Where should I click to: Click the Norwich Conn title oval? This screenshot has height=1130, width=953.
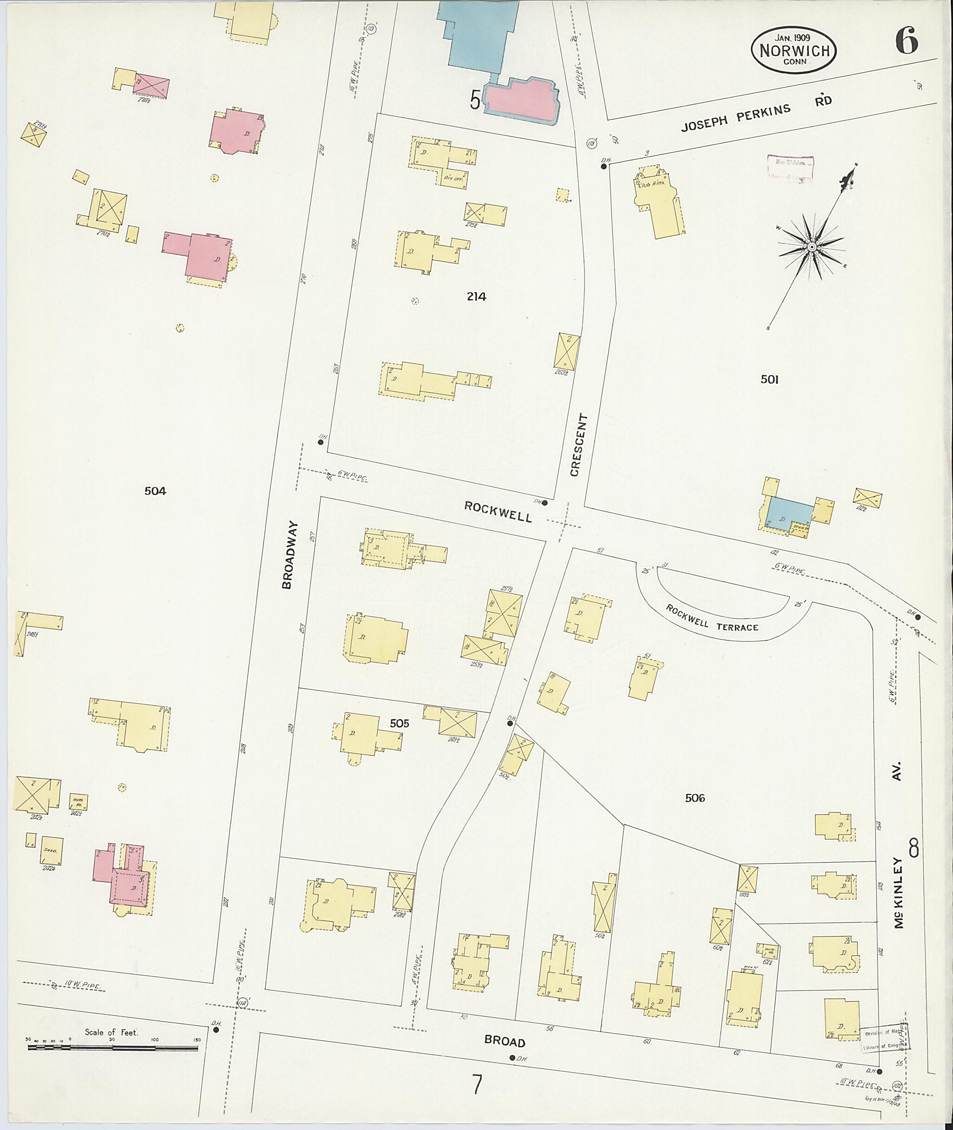point(794,50)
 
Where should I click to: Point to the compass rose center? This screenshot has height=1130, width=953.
point(811,247)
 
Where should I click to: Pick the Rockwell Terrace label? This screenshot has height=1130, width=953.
point(711,618)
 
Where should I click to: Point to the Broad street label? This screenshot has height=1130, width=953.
point(504,1041)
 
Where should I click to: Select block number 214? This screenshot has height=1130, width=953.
point(476,296)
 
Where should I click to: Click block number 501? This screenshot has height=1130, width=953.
point(769,379)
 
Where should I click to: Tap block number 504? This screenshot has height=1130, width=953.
point(155,490)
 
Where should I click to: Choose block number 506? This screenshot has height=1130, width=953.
point(695,797)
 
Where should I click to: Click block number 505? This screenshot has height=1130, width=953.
point(399,723)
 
